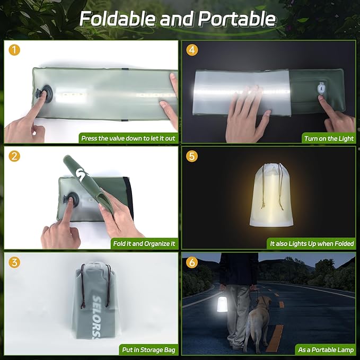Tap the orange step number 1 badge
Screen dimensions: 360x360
click(x=15, y=50)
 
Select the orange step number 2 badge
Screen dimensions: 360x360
click(x=15, y=156)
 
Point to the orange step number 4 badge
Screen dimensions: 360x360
click(x=192, y=50)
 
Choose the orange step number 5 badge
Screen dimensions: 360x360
click(x=192, y=156)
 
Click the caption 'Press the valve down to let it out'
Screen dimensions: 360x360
click(x=128, y=138)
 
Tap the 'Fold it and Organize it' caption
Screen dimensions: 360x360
click(x=144, y=244)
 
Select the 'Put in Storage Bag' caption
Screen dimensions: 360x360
click(x=148, y=349)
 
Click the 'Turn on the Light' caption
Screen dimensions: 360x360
click(x=328, y=138)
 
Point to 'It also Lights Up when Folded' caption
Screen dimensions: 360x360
click(x=311, y=244)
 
